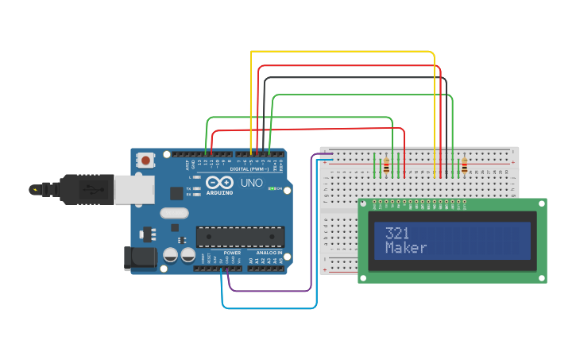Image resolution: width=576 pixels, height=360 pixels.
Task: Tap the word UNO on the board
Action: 251,183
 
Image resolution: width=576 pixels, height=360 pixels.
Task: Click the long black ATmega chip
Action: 240,236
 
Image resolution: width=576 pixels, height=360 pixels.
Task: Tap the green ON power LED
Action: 273,188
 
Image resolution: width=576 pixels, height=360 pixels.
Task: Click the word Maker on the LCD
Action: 406,248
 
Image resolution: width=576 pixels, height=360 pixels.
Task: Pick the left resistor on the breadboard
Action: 387,167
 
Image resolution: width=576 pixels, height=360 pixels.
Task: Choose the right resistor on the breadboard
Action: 464,166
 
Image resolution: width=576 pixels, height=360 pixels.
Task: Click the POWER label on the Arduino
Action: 232,253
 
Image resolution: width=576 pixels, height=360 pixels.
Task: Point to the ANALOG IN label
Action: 269,253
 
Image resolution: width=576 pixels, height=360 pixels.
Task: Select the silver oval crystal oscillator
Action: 174,212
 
